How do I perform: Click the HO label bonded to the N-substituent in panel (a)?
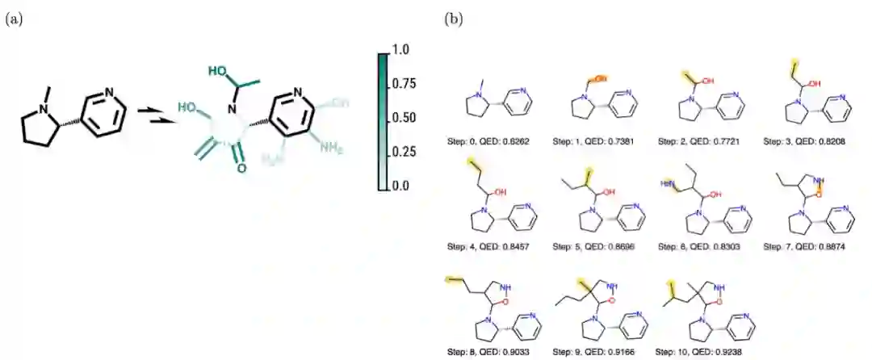pos(217,71)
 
